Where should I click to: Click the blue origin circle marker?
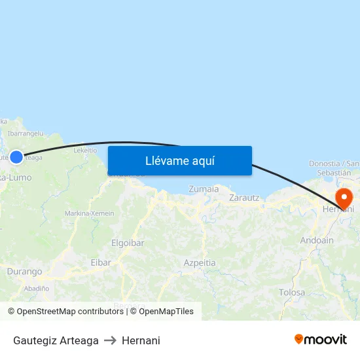pyautogui.click(x=16, y=157)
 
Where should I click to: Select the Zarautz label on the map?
pyautogui.click(x=245, y=197)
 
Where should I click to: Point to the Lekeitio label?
pyautogui.click(x=85, y=150)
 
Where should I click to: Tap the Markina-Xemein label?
pyautogui.click(x=89, y=213)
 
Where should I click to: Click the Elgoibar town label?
pyautogui.click(x=128, y=243)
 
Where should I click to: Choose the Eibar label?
pyautogui.click(x=100, y=262)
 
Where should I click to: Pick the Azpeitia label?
pyautogui.click(x=200, y=262)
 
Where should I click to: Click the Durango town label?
pyautogui.click(x=24, y=272)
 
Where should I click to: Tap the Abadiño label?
pyautogui.click(x=36, y=288)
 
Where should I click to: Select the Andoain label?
pyautogui.click(x=317, y=241)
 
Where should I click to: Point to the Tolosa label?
pyautogui.click(x=292, y=293)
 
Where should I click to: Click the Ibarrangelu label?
pyautogui.click(x=26, y=133)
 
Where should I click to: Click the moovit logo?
pyautogui.click(x=321, y=339)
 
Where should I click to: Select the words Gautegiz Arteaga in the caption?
pyautogui.click(x=56, y=340)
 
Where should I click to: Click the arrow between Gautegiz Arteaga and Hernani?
pyautogui.click(x=110, y=340)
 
